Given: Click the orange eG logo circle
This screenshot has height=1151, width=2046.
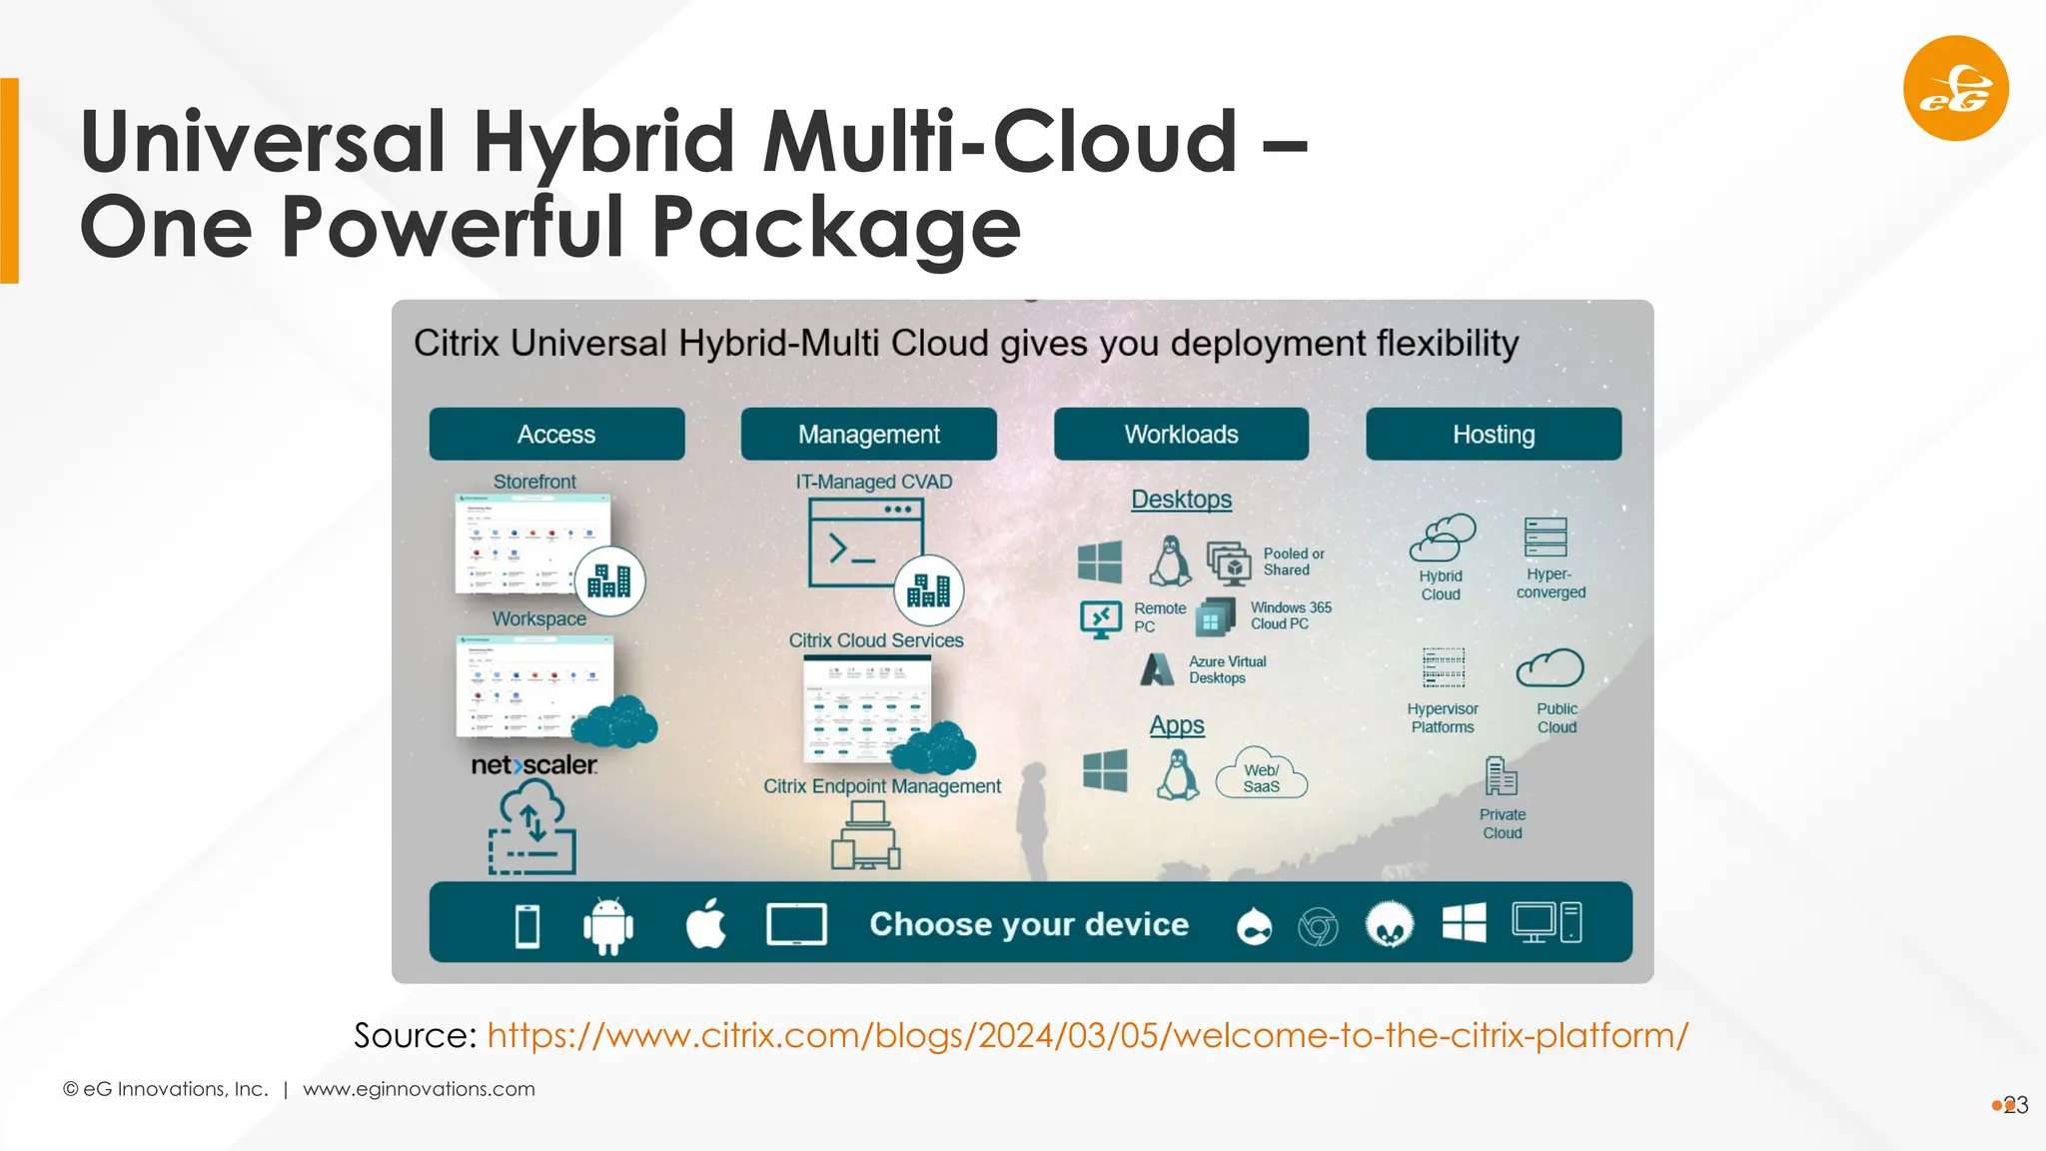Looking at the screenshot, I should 1955,88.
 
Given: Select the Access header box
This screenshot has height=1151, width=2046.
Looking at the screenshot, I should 556,435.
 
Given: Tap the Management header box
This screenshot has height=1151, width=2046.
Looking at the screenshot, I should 868,435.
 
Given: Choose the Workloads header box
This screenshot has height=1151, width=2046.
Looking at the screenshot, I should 1181,435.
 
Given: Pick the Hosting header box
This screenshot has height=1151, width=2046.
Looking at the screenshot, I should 1494,435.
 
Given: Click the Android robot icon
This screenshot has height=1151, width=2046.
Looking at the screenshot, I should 607,924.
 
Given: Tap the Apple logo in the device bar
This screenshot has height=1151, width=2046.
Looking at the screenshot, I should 706,923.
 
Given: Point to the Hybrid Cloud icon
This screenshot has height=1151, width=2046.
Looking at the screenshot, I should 1442,538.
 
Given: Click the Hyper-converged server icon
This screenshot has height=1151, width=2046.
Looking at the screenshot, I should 1545,538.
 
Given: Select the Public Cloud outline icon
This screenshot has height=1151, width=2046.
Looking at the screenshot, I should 1550,668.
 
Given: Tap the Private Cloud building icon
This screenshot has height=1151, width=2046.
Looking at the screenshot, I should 1501,776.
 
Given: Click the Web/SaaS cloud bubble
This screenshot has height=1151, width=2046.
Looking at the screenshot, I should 1262,775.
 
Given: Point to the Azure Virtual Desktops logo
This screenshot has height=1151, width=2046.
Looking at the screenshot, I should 1157,669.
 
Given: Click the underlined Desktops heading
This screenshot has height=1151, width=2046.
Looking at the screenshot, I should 1181,500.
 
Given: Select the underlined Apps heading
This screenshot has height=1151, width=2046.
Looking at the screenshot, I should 1177,725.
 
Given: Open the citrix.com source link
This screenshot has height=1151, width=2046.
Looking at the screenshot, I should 1087,1035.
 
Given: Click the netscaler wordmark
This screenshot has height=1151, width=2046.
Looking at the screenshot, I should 533,765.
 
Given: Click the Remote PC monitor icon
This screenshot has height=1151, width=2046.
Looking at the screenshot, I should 1100,618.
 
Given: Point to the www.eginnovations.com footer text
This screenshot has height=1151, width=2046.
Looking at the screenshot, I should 419,1089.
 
